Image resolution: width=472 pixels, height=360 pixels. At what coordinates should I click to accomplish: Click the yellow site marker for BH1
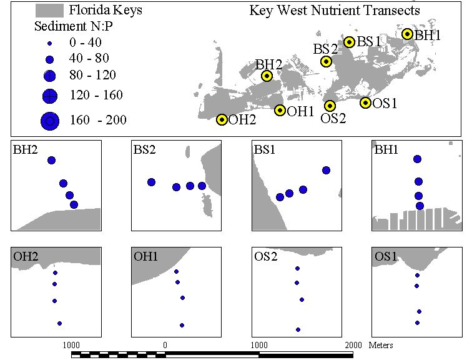point(407,34)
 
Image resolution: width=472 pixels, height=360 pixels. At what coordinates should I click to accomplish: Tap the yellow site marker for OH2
point(222,119)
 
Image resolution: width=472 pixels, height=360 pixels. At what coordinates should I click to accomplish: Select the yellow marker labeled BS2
point(326,61)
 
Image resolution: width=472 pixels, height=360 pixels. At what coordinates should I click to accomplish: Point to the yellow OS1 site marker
point(365,102)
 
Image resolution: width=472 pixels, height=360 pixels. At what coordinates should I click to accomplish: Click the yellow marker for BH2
point(267,76)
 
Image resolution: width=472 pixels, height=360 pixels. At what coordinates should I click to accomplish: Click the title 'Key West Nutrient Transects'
point(335,11)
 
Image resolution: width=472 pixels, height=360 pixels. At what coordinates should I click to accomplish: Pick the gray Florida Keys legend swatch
point(49,11)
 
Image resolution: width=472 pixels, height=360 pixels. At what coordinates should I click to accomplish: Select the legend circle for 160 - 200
point(50,121)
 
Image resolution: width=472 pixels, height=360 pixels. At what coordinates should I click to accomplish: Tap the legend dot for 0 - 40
point(50,44)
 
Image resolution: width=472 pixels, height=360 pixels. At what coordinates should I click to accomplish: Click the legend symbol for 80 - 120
point(50,76)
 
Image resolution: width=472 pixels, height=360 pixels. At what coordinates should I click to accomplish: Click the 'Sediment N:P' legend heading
point(74,26)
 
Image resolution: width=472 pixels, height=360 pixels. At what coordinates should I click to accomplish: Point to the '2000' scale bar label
point(353,345)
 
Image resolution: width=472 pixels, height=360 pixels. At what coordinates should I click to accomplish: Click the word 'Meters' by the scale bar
point(381,345)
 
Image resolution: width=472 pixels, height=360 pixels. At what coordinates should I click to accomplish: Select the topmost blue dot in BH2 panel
point(51,160)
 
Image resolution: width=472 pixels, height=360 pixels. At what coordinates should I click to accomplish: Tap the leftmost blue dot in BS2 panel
point(152,182)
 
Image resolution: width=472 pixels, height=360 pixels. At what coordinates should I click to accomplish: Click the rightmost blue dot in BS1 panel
point(326,170)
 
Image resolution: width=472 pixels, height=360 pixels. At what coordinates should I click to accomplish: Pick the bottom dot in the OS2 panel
point(298,329)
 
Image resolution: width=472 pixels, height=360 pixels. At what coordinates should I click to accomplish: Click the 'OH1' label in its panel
point(145,256)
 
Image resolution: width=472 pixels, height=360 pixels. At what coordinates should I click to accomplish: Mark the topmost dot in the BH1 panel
point(417,159)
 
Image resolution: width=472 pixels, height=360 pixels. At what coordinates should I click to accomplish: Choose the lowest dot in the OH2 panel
point(59,323)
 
